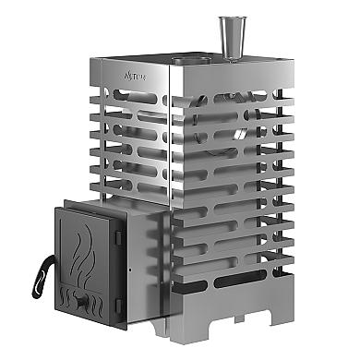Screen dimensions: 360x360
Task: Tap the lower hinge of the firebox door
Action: pos(120,303)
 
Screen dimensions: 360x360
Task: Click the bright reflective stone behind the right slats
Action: pos(237,134)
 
